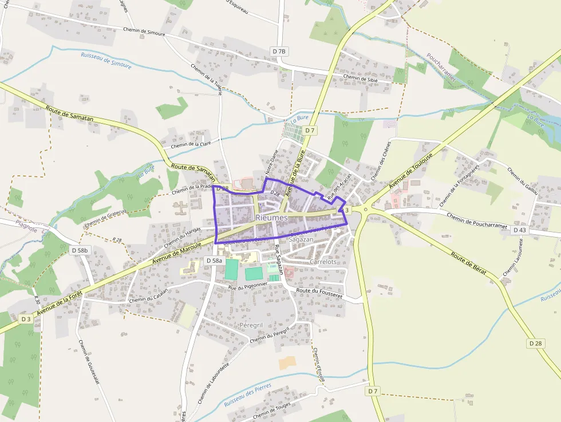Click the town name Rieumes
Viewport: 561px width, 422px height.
click(x=272, y=218)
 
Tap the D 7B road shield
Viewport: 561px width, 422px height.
click(x=279, y=52)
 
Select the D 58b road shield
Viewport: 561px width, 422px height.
click(x=81, y=250)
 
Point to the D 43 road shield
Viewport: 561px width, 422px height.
click(x=519, y=230)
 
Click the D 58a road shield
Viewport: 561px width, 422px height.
click(x=213, y=261)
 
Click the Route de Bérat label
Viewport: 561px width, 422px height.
click(x=468, y=263)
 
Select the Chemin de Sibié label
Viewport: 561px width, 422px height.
click(x=361, y=78)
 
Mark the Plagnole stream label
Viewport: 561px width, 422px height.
click(x=26, y=229)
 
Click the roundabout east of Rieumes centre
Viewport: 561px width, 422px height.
click(x=365, y=210)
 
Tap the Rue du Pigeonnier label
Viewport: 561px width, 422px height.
click(x=248, y=287)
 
